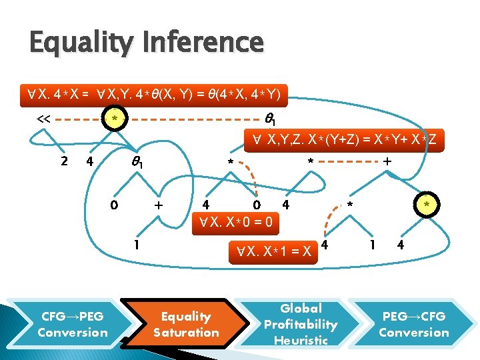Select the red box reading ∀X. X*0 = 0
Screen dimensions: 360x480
(231, 222)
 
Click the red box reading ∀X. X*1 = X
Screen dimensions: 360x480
(269, 252)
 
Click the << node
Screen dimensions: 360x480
(43, 119)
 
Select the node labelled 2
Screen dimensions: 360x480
(64, 162)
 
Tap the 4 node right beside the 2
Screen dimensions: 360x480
(89, 162)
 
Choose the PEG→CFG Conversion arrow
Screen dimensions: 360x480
(414, 324)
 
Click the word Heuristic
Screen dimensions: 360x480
(301, 340)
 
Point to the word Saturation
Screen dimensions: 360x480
(186, 332)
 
